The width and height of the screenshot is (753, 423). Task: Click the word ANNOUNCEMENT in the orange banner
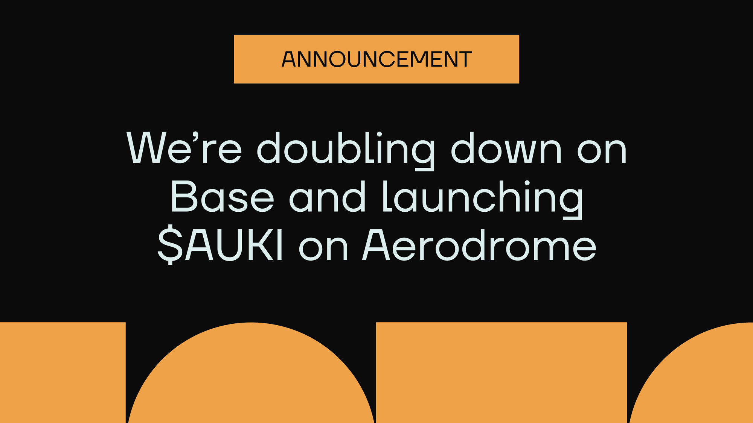(376, 59)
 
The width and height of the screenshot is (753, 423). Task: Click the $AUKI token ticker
(220, 245)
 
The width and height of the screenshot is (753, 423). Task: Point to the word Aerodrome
(479, 245)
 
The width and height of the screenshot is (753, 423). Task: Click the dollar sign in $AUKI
(170, 245)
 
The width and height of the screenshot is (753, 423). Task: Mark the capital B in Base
(184, 197)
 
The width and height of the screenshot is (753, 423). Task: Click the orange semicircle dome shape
(251, 376)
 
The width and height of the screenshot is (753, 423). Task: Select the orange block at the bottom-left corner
(62, 372)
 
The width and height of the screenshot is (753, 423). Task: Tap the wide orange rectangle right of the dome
(501, 372)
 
